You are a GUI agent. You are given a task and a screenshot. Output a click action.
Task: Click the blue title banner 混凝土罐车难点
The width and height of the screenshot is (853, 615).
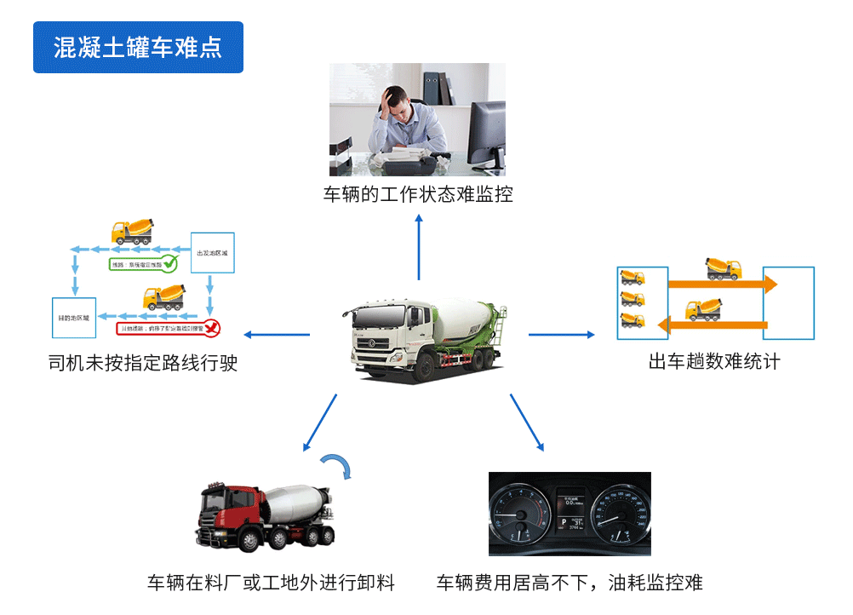(x=138, y=47)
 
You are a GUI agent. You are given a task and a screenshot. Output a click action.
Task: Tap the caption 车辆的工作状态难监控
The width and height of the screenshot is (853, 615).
(x=418, y=194)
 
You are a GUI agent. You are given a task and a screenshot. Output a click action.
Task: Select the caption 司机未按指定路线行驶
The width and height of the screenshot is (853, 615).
(x=143, y=364)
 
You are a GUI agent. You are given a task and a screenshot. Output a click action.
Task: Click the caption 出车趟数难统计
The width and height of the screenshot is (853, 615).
(x=714, y=361)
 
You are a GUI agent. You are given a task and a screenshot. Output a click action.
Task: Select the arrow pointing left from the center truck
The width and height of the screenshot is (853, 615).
(x=277, y=334)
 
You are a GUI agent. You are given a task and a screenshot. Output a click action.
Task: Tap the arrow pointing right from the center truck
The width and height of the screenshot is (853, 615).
(x=562, y=334)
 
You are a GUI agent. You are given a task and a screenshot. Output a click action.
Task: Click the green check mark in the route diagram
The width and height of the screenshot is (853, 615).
(x=170, y=262)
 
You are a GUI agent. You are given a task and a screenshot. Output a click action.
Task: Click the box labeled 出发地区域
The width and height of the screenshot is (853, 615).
(x=212, y=253)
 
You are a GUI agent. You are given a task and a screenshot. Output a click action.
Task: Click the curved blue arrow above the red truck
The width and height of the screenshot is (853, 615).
(x=338, y=465)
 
